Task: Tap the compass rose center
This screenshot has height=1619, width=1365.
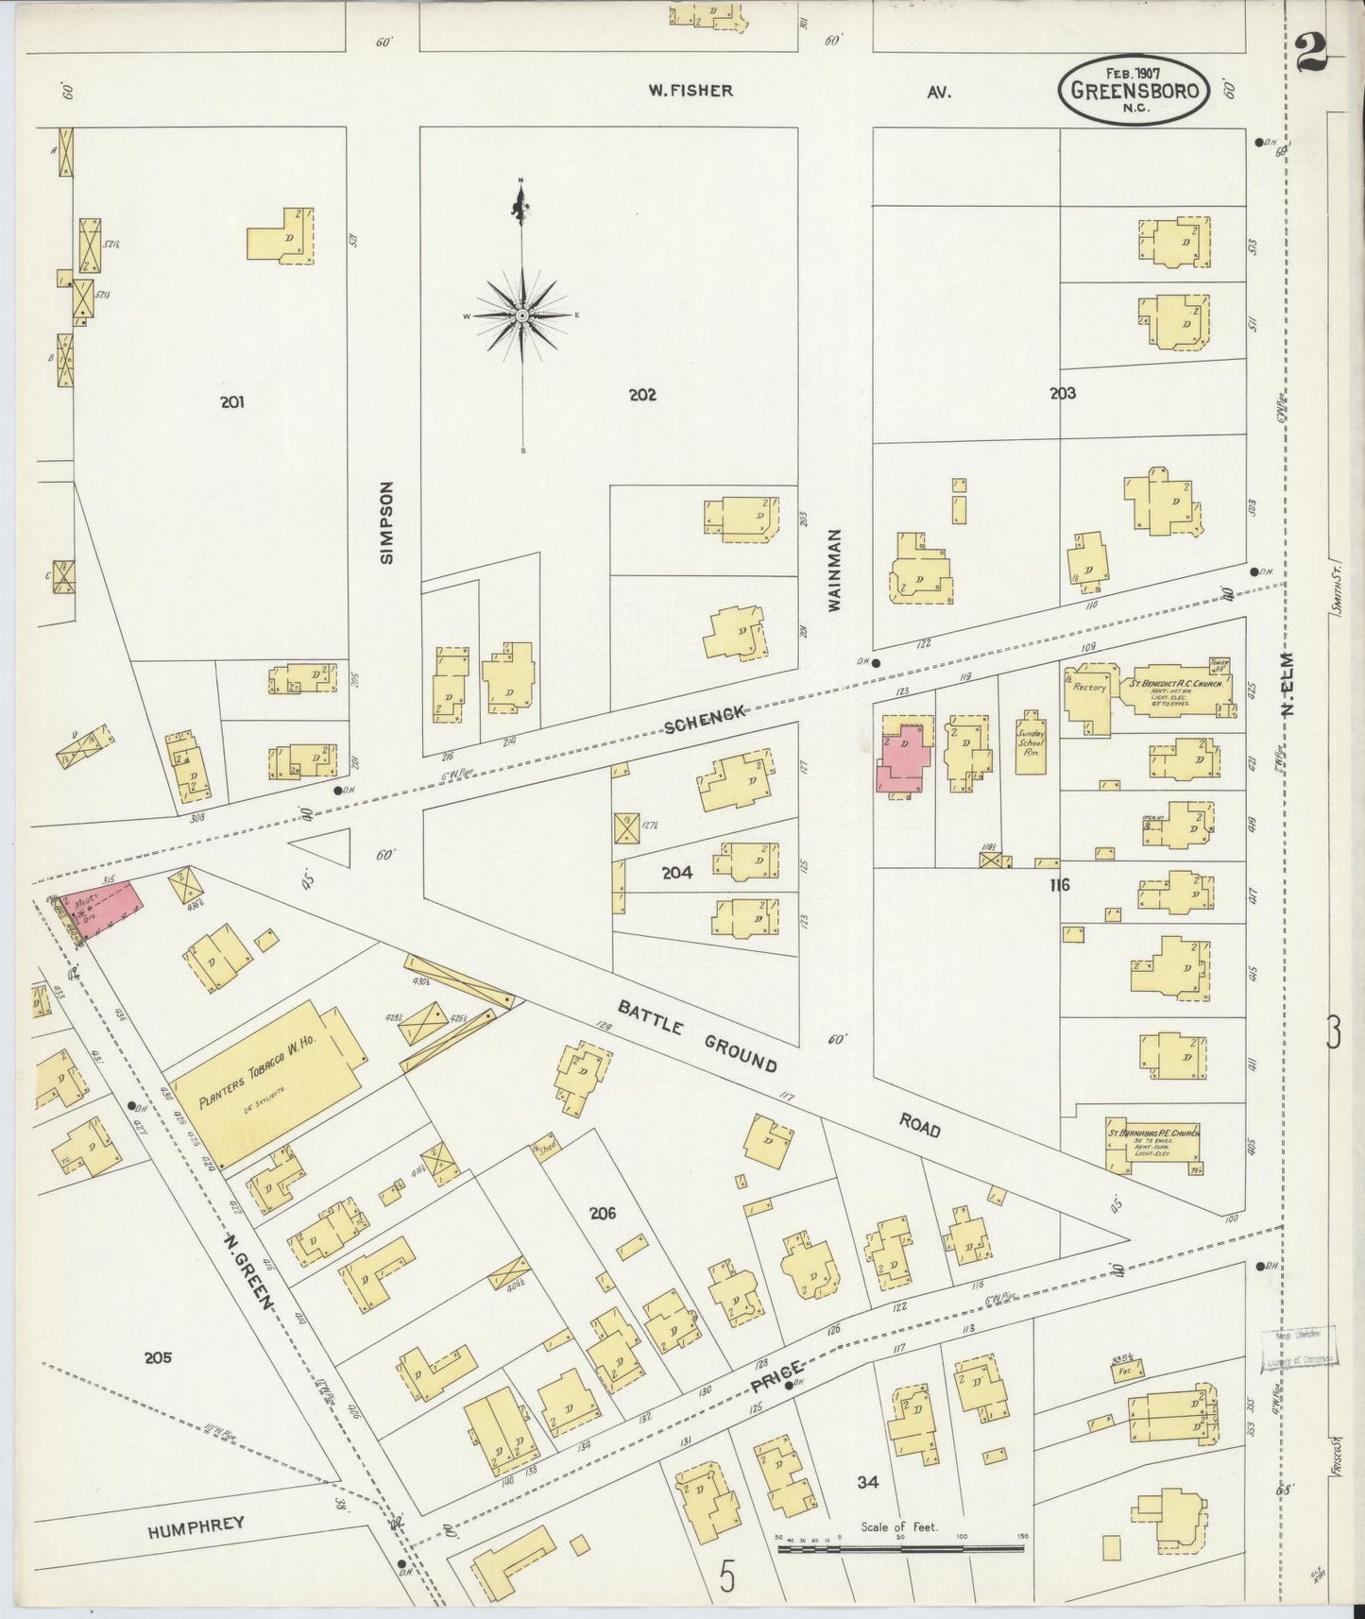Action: pos(522,315)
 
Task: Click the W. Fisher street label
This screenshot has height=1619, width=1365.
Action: pos(690,91)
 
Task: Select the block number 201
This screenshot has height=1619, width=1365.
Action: pos(232,402)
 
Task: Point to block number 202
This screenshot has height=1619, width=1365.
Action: pos(642,395)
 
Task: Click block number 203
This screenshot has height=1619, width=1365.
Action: pos(1063,393)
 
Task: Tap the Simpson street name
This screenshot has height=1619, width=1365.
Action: pos(385,522)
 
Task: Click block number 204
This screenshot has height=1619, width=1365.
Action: pos(676,873)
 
